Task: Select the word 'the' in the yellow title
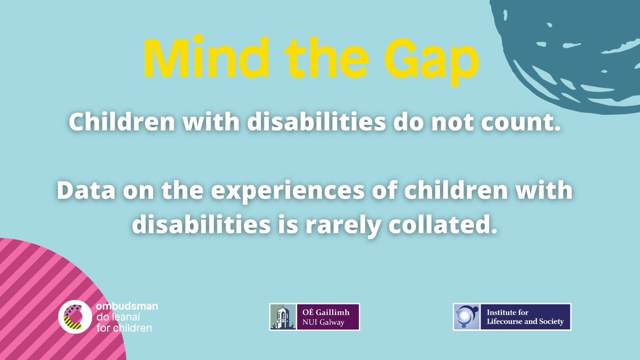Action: (x=316, y=57)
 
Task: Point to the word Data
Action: (x=85, y=191)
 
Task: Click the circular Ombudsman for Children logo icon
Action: (x=74, y=317)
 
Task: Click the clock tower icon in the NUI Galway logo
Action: (x=279, y=317)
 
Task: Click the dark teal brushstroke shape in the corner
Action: (x=576, y=48)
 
